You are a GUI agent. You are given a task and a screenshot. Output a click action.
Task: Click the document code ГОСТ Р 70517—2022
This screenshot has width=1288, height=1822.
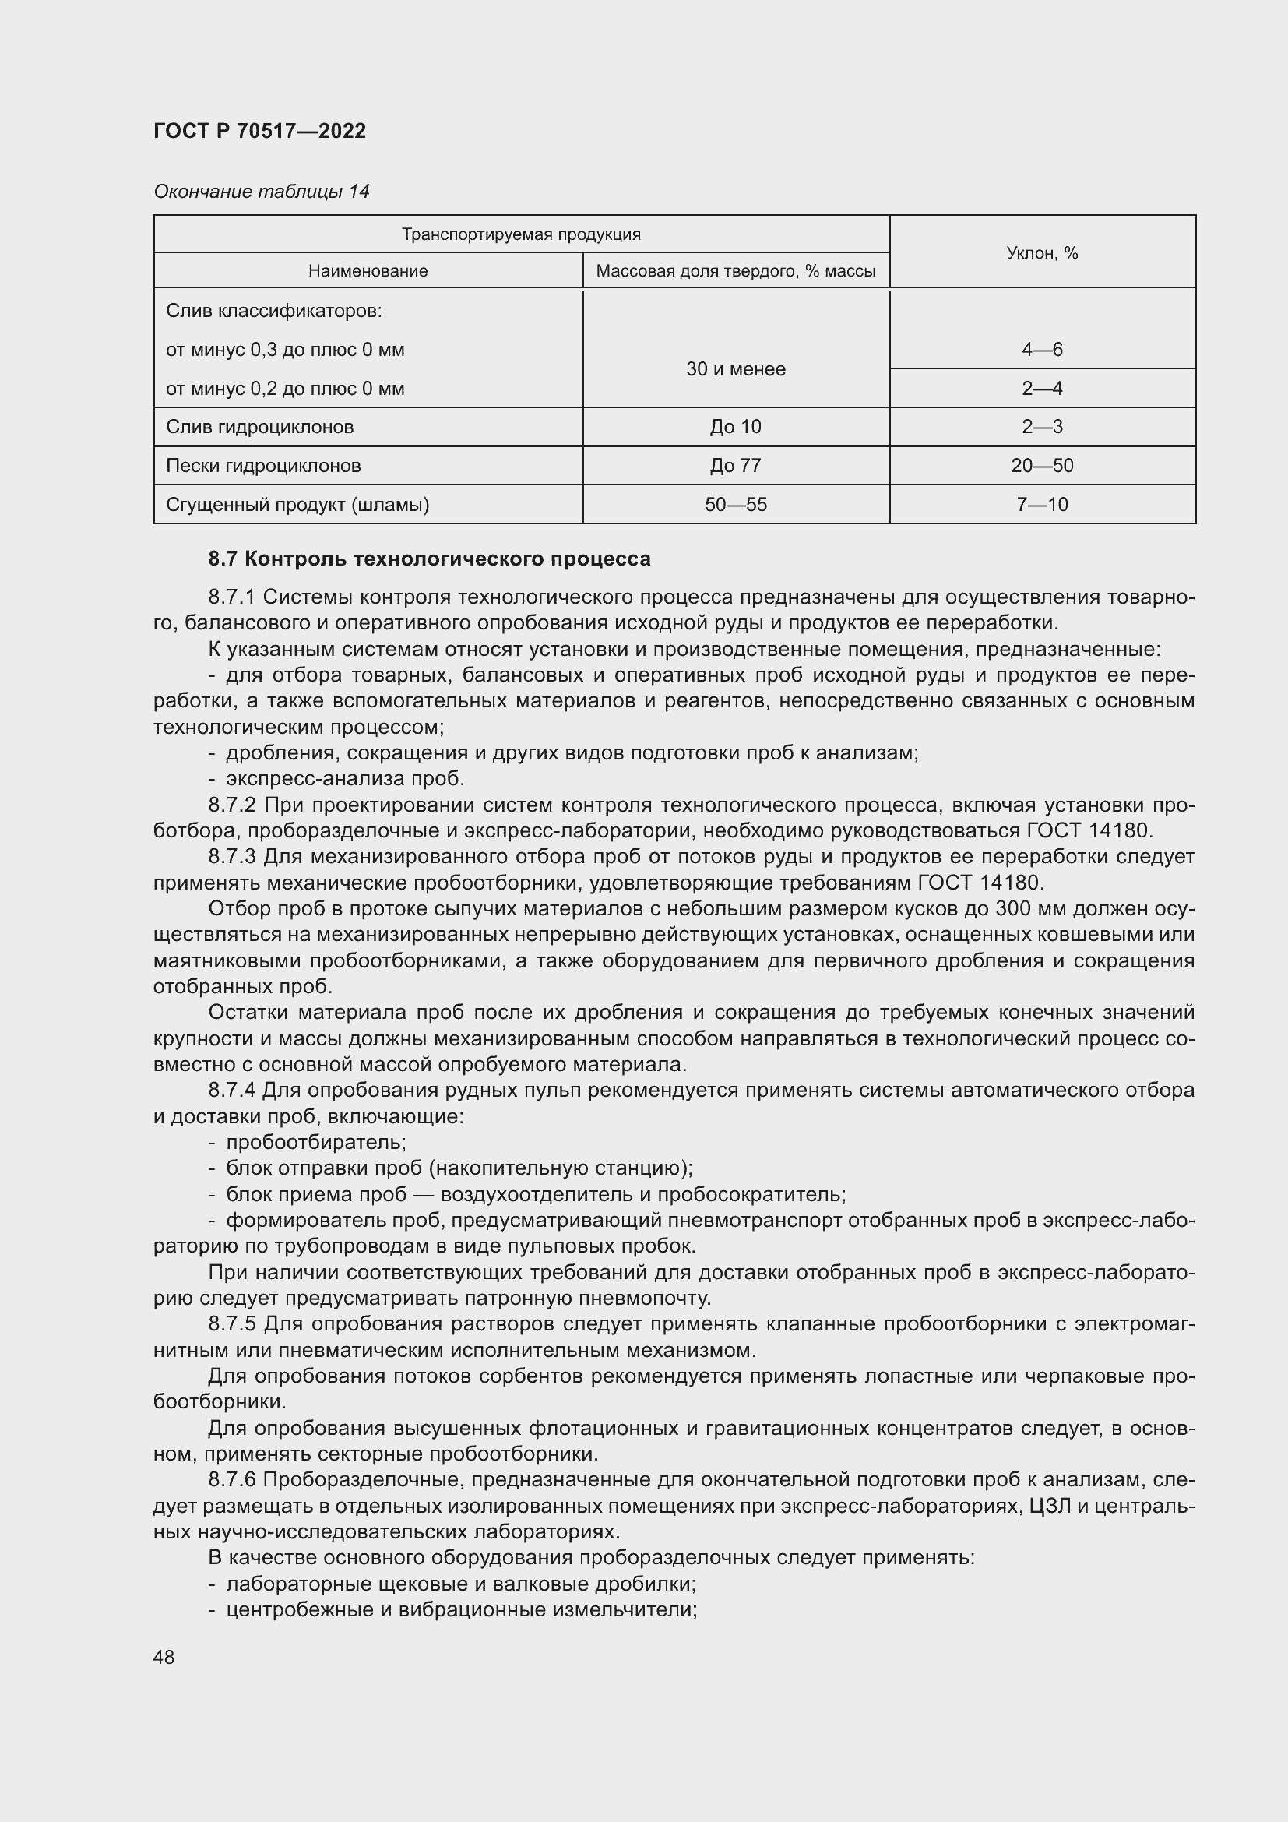click(259, 131)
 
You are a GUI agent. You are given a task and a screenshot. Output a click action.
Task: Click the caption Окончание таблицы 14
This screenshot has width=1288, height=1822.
click(261, 192)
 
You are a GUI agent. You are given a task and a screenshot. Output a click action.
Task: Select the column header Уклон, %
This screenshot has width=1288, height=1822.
click(1041, 253)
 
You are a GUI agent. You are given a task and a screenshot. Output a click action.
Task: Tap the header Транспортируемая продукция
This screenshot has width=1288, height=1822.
click(520, 234)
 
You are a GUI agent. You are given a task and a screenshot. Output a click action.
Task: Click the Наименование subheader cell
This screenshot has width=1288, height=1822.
click(368, 271)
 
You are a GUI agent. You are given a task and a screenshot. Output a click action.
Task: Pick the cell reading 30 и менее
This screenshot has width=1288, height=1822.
click(735, 369)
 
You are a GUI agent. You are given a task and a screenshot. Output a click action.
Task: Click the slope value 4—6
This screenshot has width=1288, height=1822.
click(1041, 350)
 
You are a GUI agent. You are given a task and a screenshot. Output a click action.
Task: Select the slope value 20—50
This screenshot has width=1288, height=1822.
click(1041, 466)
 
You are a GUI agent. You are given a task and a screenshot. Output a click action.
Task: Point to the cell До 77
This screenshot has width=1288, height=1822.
click(735, 466)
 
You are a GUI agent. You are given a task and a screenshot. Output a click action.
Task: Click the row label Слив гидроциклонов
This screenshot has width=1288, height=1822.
click(259, 427)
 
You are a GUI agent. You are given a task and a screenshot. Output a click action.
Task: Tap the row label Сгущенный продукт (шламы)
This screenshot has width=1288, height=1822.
click(297, 505)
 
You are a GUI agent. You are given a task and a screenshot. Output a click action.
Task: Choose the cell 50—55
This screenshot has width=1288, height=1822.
click(735, 505)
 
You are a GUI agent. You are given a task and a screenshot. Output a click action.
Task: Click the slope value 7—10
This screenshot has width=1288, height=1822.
click(1041, 505)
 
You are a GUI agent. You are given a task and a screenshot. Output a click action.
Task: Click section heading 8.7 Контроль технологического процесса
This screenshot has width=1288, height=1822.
click(429, 559)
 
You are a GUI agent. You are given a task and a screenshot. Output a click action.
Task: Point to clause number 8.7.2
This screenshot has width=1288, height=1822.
click(231, 805)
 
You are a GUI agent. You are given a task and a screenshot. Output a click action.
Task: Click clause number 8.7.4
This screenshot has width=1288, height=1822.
click(231, 1091)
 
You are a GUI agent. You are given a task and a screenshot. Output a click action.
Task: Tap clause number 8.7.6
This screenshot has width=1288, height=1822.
click(231, 1480)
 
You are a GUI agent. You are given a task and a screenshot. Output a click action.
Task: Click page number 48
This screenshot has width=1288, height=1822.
click(164, 1657)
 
